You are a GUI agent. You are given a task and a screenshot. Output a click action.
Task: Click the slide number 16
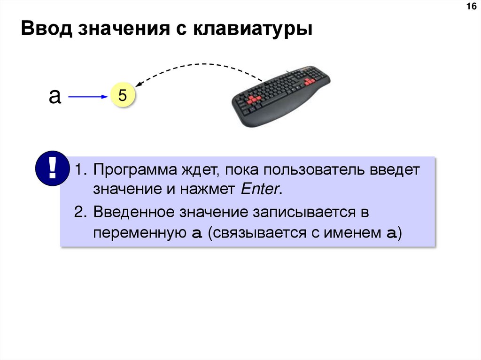470,7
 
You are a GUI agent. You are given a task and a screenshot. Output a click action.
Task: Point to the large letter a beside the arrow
55,96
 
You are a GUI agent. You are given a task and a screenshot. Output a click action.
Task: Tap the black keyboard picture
282,99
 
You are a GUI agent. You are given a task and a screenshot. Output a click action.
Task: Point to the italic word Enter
260,190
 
